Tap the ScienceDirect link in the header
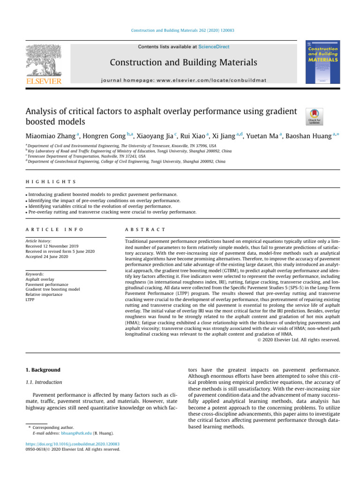(214, 47)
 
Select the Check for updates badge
(314, 116)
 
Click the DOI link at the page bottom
(73, 443)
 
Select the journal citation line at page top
(183, 30)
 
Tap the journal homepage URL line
(183, 80)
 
